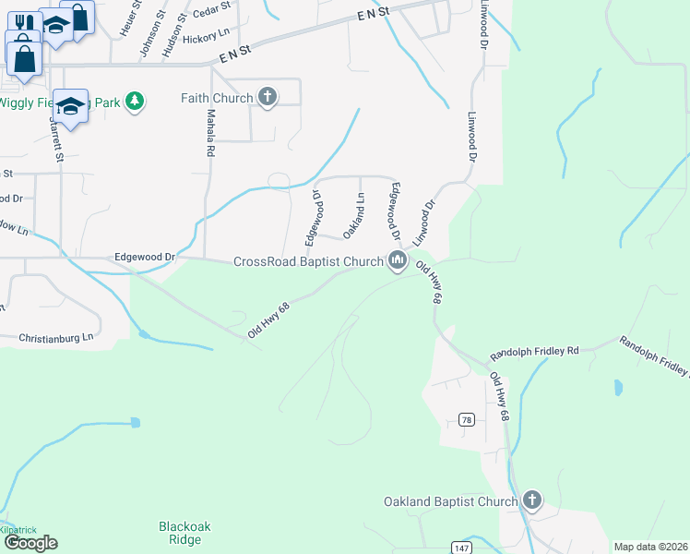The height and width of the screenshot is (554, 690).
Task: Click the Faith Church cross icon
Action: pos(268,99)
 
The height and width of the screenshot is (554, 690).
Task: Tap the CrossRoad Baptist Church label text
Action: pos(307,262)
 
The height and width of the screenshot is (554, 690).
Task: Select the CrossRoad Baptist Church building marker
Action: pos(398,262)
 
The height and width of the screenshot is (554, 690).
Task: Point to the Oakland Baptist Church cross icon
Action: pos(531,501)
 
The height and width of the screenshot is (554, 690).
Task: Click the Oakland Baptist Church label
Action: pos(451,501)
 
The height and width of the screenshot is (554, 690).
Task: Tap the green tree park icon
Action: pos(135,101)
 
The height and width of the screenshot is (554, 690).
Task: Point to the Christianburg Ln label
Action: pos(56,339)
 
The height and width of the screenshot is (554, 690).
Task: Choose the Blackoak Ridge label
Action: pos(184,533)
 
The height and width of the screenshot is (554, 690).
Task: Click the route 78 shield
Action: pos(467,420)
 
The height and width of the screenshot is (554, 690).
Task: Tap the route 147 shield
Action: pos(460,548)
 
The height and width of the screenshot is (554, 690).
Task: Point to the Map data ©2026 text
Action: pos(649,547)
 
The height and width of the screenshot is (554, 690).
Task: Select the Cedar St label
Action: pos(212,19)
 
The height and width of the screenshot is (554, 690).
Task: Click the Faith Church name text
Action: pos(217,99)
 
